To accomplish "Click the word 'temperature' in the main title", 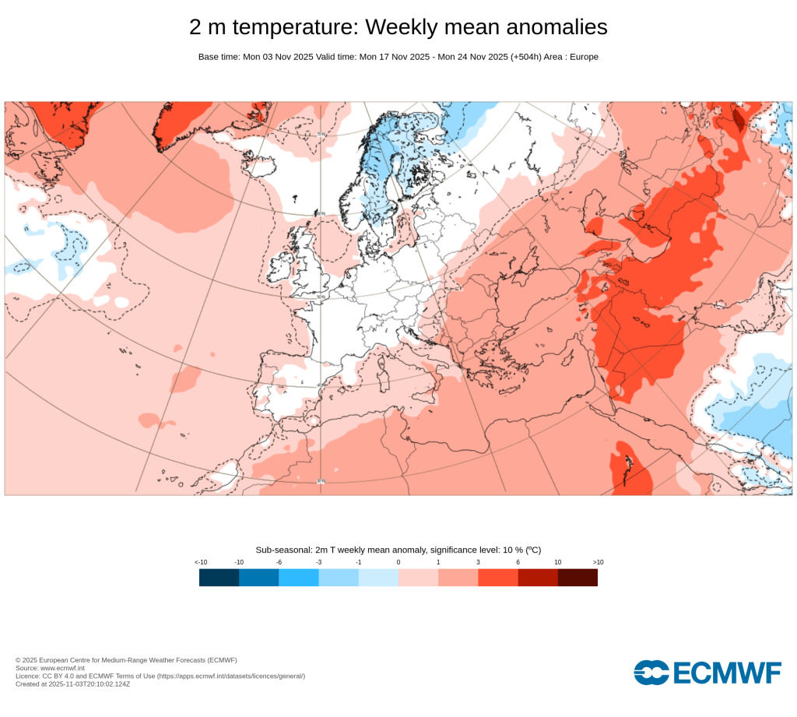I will pyautogui.click(x=295, y=27).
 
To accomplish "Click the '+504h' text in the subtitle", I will pyautogui.click(x=525, y=57).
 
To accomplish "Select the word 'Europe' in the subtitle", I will pyautogui.click(x=584, y=57).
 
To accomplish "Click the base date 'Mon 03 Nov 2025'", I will pyautogui.click(x=277, y=57).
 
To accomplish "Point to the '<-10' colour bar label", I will pyautogui.click(x=201, y=562).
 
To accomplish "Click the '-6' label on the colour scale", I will pyautogui.click(x=279, y=562).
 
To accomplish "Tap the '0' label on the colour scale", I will pyautogui.click(x=398, y=562).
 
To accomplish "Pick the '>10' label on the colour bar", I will pyautogui.click(x=598, y=562).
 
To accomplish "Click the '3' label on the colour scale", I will pyautogui.click(x=478, y=562).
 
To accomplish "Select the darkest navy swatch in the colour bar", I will pyautogui.click(x=219, y=578).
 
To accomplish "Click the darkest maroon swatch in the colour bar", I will pyautogui.click(x=578, y=578).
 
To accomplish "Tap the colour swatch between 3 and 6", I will pyautogui.click(x=498, y=578).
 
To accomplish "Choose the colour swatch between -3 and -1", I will pyautogui.click(x=339, y=578).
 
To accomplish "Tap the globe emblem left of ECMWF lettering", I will pyautogui.click(x=651, y=672).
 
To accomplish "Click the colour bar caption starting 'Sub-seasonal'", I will pyautogui.click(x=398, y=550).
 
